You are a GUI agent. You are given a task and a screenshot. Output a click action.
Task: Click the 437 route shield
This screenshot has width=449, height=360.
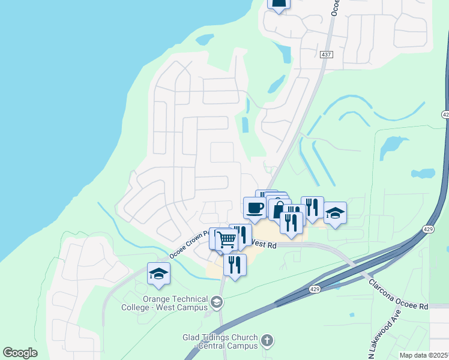click(326, 55)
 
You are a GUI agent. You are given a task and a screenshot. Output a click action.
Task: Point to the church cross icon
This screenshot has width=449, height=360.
click(267, 341)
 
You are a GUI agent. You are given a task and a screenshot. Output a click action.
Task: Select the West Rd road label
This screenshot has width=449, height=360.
click(264, 244)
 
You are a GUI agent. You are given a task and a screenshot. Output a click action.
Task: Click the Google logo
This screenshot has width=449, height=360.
click(20, 353)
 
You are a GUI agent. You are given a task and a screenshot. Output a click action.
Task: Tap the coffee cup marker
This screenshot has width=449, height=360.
click(255, 208)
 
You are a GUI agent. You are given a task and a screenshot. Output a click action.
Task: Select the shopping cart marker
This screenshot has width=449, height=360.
click(226, 239)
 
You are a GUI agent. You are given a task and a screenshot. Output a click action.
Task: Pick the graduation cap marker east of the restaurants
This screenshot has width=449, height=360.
click(335, 212)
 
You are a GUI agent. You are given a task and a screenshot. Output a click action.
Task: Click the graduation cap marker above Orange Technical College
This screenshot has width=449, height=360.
click(158, 274)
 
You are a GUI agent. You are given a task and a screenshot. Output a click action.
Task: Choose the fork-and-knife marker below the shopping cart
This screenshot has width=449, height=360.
click(235, 264)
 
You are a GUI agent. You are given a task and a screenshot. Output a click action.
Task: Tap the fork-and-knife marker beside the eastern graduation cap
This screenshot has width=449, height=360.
click(312, 208)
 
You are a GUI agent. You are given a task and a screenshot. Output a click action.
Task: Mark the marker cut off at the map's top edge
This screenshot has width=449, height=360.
click(279, 4)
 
